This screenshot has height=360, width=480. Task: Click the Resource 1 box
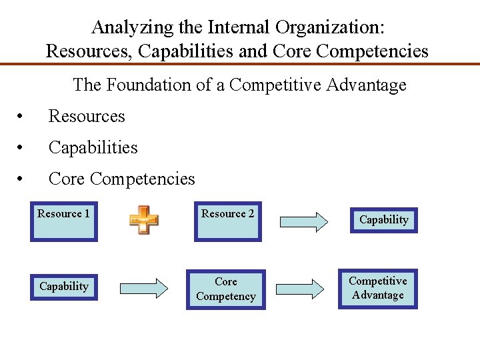(64, 221)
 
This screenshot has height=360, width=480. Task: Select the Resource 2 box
(227, 221)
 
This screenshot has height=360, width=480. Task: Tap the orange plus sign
(143, 220)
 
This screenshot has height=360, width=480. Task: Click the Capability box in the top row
(383, 220)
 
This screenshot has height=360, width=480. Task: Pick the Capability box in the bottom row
(64, 287)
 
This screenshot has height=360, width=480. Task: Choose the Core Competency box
(225, 289)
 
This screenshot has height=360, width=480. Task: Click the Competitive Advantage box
(378, 289)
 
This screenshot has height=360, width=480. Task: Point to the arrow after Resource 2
(303, 221)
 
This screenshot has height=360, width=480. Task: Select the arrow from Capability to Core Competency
(143, 288)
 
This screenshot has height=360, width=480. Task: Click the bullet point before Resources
(23, 117)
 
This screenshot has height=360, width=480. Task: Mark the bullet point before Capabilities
(23, 148)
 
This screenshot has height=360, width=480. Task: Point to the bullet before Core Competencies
(23, 179)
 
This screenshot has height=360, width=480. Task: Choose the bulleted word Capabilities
(93, 147)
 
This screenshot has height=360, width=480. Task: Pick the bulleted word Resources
(87, 116)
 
